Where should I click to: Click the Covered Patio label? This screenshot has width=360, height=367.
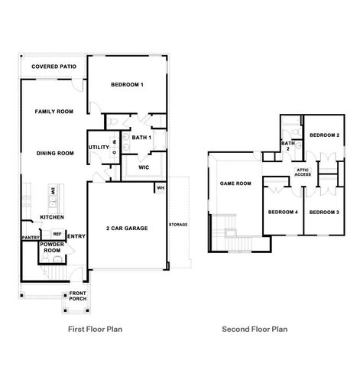pos(53,67)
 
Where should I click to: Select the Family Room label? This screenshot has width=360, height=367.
pos(54,112)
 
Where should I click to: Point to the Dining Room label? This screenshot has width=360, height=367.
pos(54,153)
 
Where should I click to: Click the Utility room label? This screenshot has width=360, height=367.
pos(99,148)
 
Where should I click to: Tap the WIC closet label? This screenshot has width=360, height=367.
pos(143,167)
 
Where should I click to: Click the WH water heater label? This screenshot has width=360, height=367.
pos(161,187)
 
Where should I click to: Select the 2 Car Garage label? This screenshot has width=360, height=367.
pos(126,228)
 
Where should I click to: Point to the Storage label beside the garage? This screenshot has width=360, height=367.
pos(178,225)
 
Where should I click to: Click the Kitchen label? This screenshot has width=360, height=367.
pos(52,217)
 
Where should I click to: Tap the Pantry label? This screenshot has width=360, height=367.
pos(30,237)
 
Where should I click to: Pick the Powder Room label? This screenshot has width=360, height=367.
pos(51,248)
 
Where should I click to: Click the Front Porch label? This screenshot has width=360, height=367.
pos(78,296)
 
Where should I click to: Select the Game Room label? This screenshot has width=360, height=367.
pos(236,183)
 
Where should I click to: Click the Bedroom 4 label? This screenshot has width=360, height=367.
pos(282,212)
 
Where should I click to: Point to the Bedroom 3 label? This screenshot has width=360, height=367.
pos(324,212)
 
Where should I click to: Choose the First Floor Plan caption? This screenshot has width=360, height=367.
pos(96,330)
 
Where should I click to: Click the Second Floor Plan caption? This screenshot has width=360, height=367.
pos(255,330)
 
